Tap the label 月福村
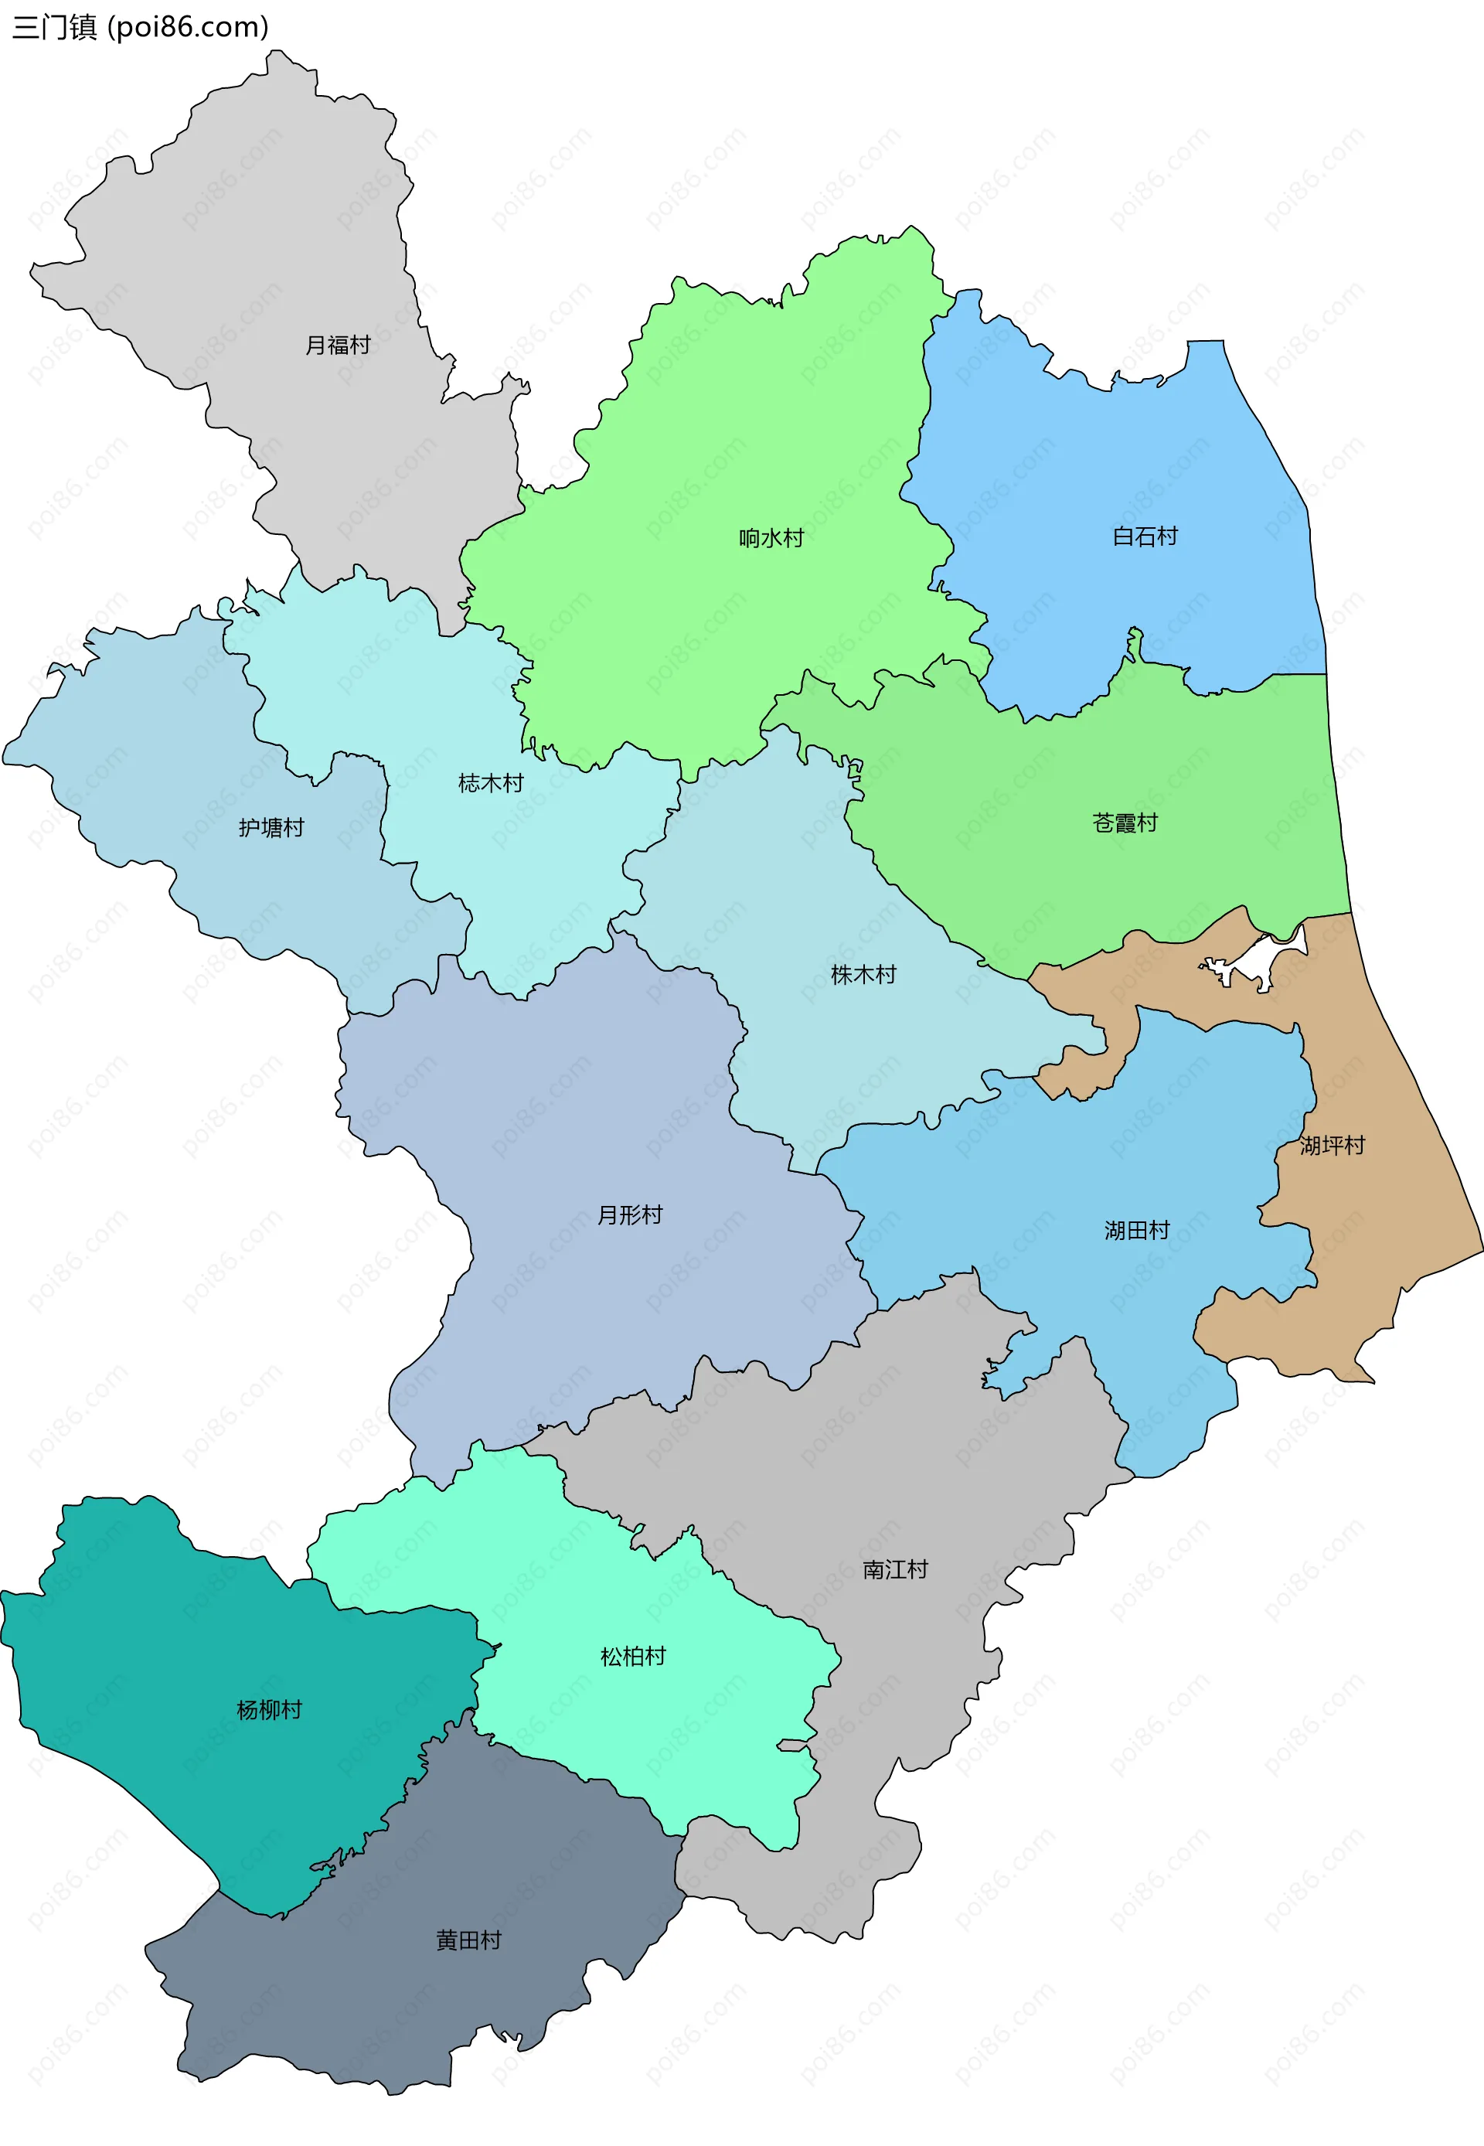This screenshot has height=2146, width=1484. tap(338, 345)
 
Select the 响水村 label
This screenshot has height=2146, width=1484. tap(771, 537)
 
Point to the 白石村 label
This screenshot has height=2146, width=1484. tap(1145, 536)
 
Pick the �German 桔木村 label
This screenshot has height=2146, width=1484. tap(490, 783)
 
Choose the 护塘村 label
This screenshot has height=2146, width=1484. tap(271, 826)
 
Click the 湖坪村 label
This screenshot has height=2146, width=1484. tap(1332, 1145)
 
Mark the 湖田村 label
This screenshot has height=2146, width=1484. tap(1136, 1230)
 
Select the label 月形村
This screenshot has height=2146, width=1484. tap(629, 1214)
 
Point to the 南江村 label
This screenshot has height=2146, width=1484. tap(894, 1569)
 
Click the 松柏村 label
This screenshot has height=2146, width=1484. tap(632, 1656)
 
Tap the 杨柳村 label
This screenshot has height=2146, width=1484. tap(269, 1709)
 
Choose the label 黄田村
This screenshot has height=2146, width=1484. tap(468, 1940)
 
